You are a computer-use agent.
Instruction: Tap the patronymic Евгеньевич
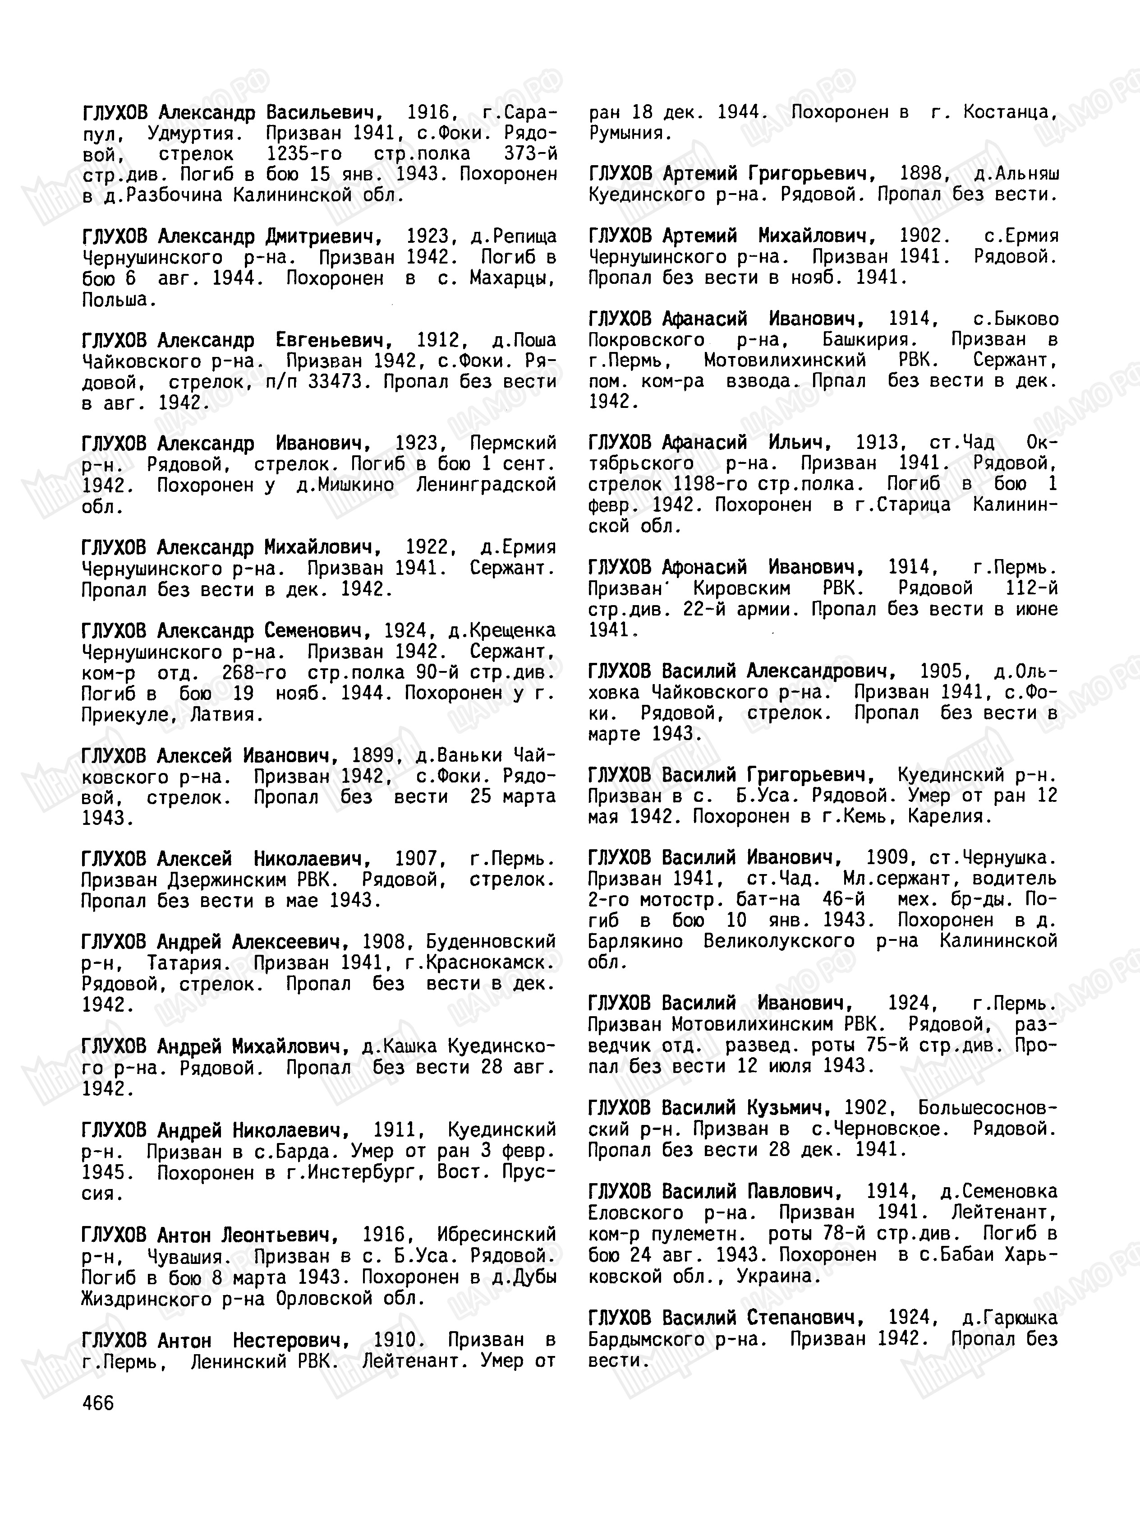point(334,340)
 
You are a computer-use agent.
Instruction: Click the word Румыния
point(630,133)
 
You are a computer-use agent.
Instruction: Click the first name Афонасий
point(704,568)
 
